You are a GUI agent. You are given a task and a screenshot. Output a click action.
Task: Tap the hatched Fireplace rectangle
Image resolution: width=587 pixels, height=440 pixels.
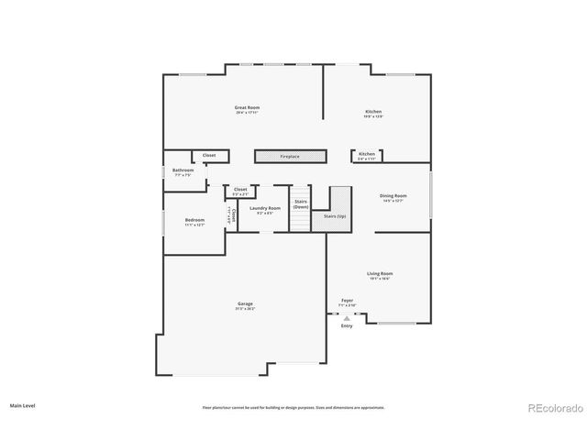[x=290, y=157]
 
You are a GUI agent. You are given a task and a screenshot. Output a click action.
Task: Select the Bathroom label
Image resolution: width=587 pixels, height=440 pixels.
[x=183, y=171]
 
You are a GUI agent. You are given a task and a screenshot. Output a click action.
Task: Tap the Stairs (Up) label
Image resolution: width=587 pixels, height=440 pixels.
[x=334, y=216]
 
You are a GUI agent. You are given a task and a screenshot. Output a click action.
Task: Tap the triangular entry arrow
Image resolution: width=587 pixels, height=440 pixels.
[x=347, y=318]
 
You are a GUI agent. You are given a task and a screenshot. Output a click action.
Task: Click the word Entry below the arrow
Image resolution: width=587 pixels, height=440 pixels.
[x=347, y=326]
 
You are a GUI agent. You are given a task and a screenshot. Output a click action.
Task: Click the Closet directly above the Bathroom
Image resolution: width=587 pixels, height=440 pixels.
[x=209, y=157]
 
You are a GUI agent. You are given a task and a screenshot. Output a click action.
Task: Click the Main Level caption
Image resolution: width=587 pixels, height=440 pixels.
[x=23, y=404]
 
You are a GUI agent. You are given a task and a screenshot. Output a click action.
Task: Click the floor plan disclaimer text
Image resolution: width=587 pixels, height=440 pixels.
[x=293, y=407]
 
